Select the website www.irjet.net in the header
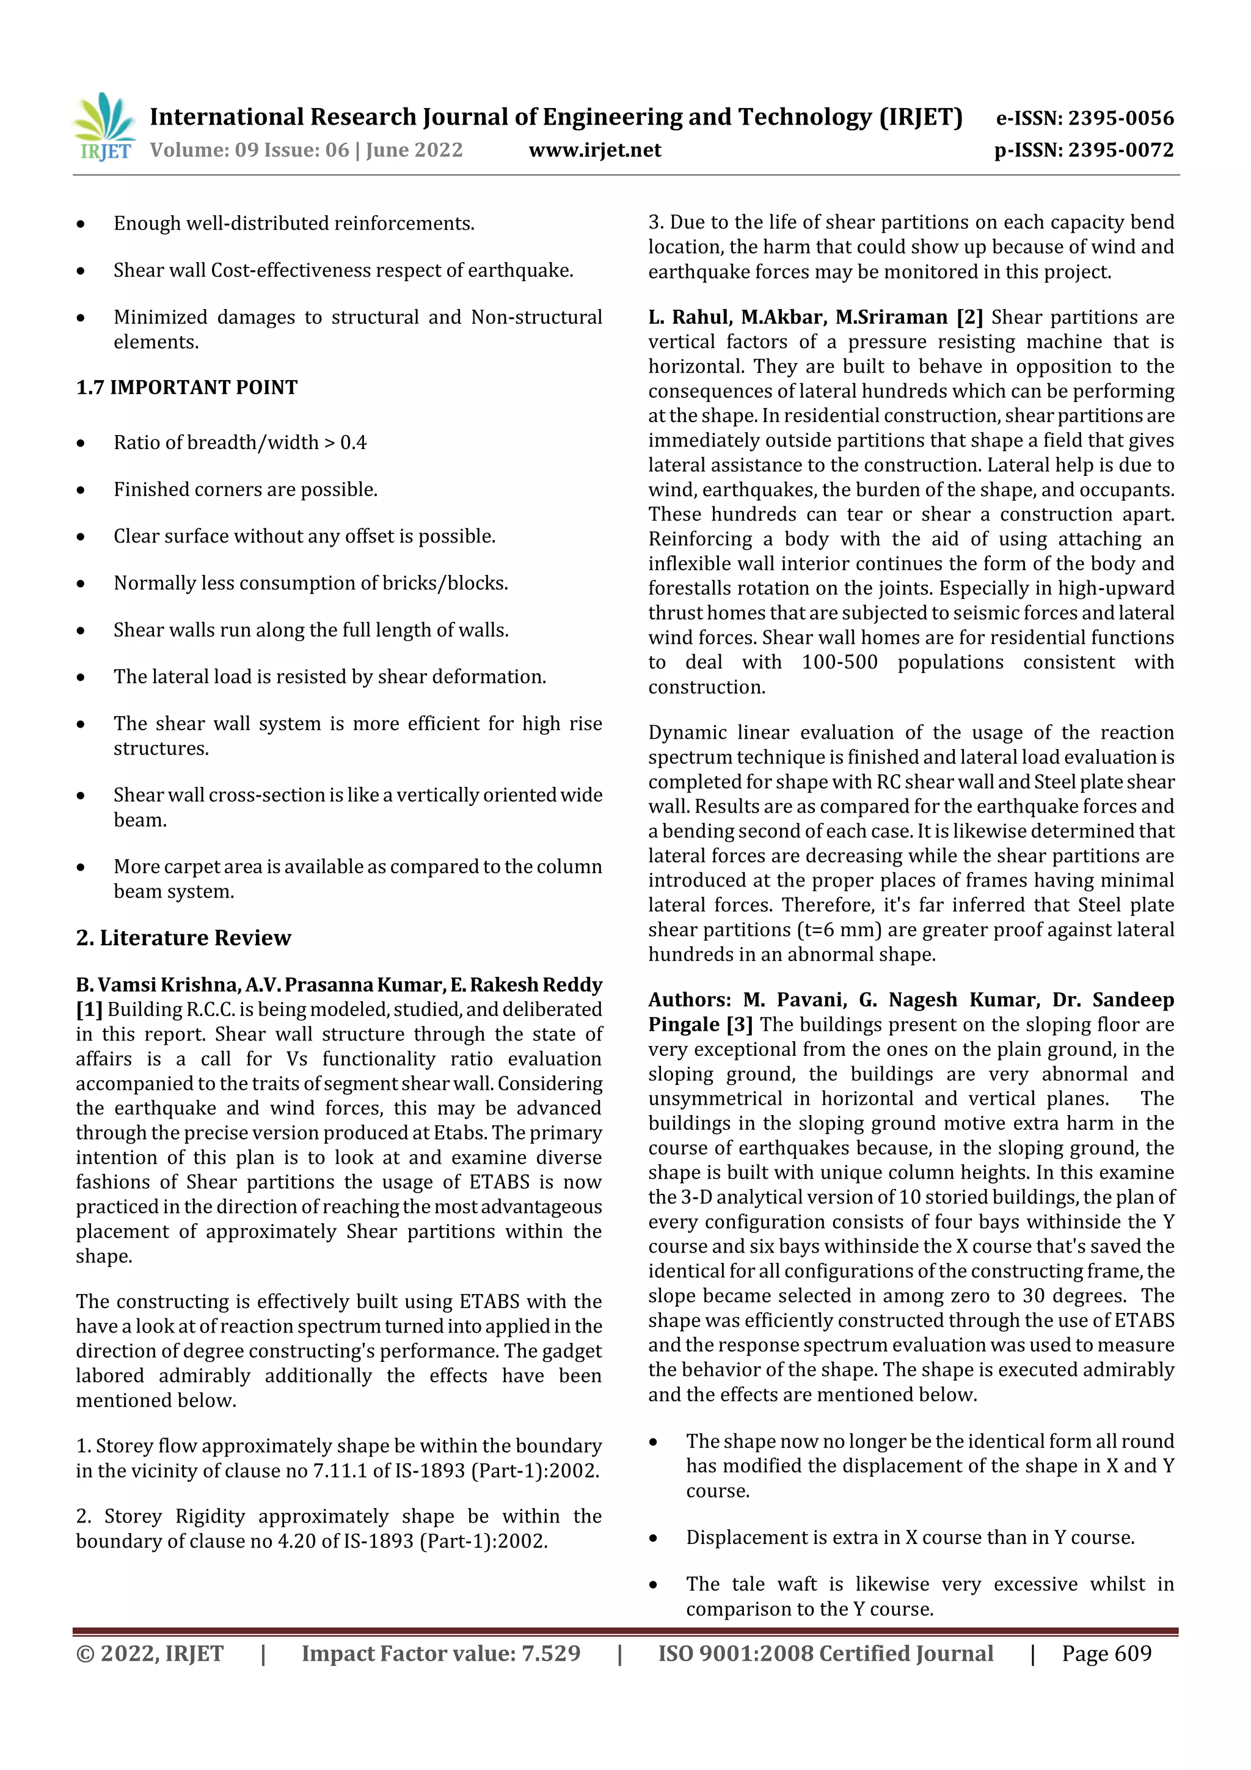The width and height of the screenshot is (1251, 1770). (x=594, y=150)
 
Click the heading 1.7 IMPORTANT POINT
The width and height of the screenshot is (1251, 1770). (x=186, y=387)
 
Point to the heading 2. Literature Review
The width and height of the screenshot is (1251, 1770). (x=183, y=937)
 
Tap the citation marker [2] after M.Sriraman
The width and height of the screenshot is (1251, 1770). (x=969, y=317)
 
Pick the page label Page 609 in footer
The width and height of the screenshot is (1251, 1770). (x=1106, y=1653)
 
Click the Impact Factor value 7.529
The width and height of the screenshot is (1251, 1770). (x=550, y=1653)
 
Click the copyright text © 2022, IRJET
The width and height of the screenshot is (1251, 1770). (x=150, y=1653)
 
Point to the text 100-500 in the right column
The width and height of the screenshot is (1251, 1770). (x=839, y=662)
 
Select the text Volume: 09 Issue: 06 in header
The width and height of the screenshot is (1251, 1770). (x=250, y=150)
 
